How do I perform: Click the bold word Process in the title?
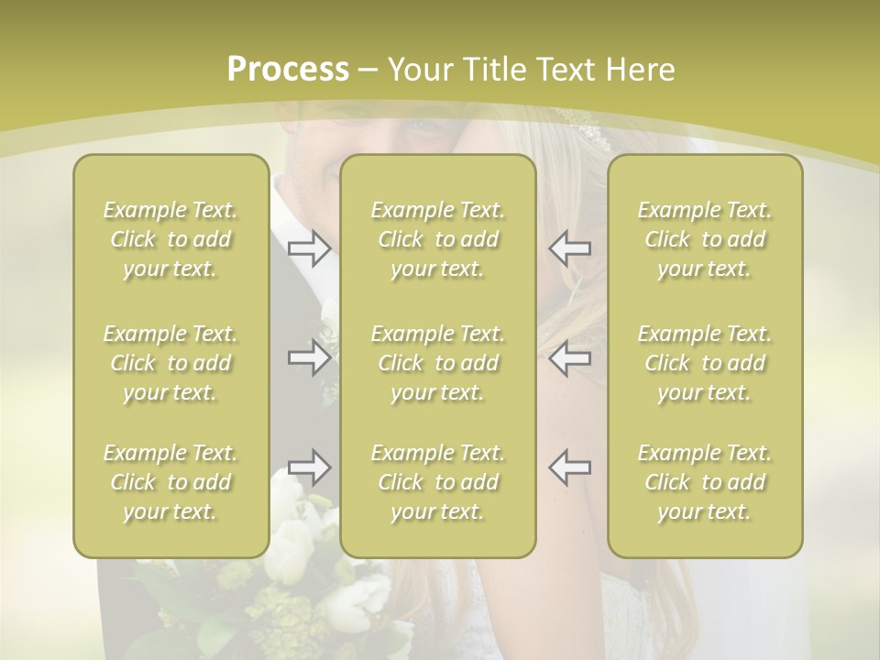(288, 69)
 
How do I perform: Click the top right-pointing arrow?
(309, 247)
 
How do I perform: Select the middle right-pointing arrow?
(309, 357)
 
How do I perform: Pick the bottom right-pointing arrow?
(309, 467)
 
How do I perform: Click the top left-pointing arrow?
(569, 247)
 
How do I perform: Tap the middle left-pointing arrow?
(569, 357)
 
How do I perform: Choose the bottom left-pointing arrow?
(569, 467)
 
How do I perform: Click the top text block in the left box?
(170, 239)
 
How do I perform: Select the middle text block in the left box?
(170, 363)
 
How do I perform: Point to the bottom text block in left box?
(170, 482)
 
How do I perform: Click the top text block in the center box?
(437, 239)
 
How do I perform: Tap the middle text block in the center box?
(437, 363)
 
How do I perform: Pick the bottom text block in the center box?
(437, 482)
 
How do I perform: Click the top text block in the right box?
(704, 239)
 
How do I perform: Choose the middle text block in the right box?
(704, 363)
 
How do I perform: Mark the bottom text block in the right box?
(704, 482)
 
